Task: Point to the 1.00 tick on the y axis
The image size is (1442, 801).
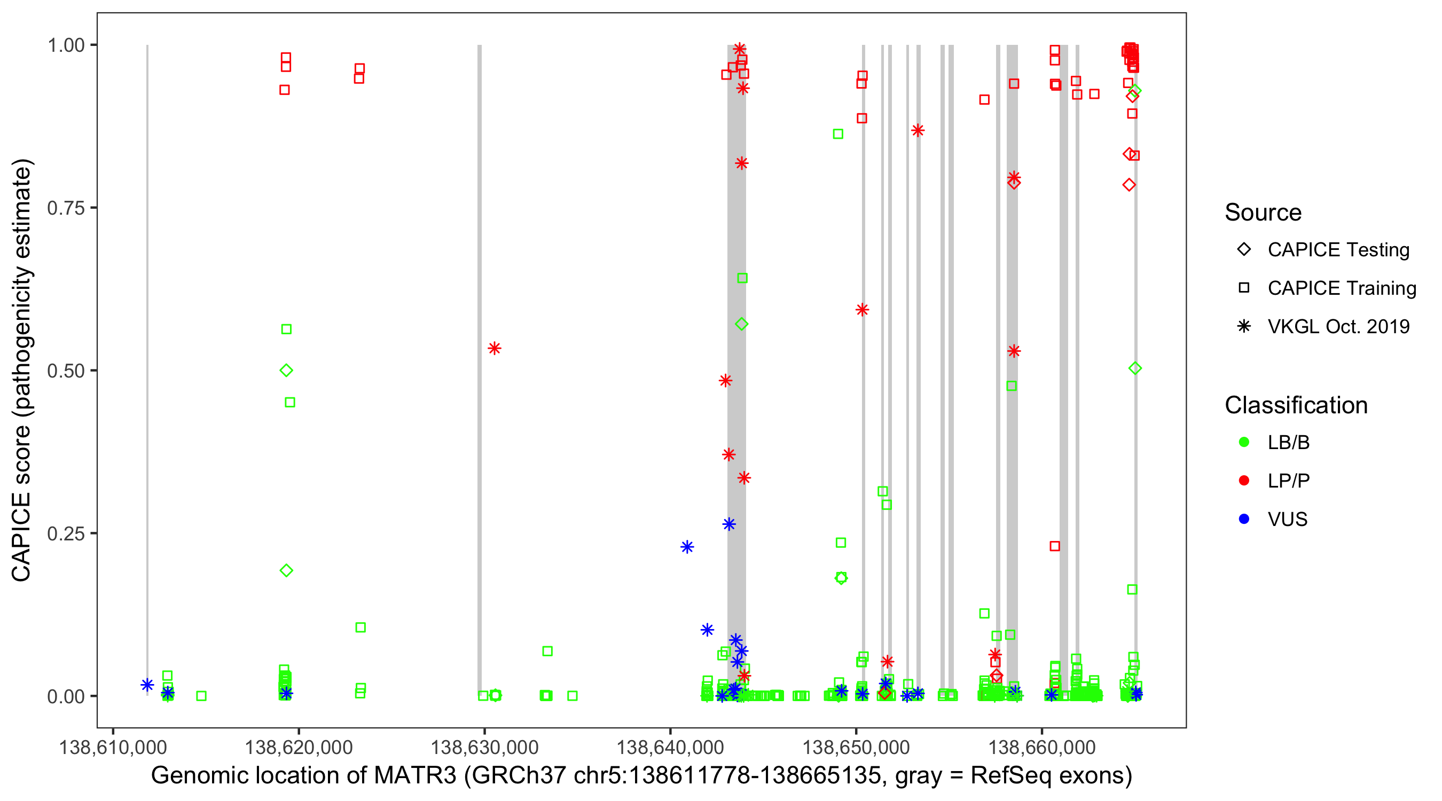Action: (66, 45)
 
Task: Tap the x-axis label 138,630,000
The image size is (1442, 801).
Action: (484, 747)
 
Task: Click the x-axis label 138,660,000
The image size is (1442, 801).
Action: (1042, 747)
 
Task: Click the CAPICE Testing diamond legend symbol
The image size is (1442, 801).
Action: (1244, 250)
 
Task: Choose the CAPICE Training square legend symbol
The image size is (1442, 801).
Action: (1244, 288)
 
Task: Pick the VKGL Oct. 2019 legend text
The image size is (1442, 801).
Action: (1338, 327)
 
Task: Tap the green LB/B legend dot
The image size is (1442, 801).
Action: (1244, 443)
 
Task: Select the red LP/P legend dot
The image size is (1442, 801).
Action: (1244, 481)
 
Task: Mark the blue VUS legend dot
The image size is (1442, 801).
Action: (1244, 520)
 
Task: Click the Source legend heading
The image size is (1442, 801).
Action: (1263, 213)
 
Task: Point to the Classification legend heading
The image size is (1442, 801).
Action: (1296, 405)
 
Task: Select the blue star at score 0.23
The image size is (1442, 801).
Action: (687, 547)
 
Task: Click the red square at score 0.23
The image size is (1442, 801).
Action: (1055, 546)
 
